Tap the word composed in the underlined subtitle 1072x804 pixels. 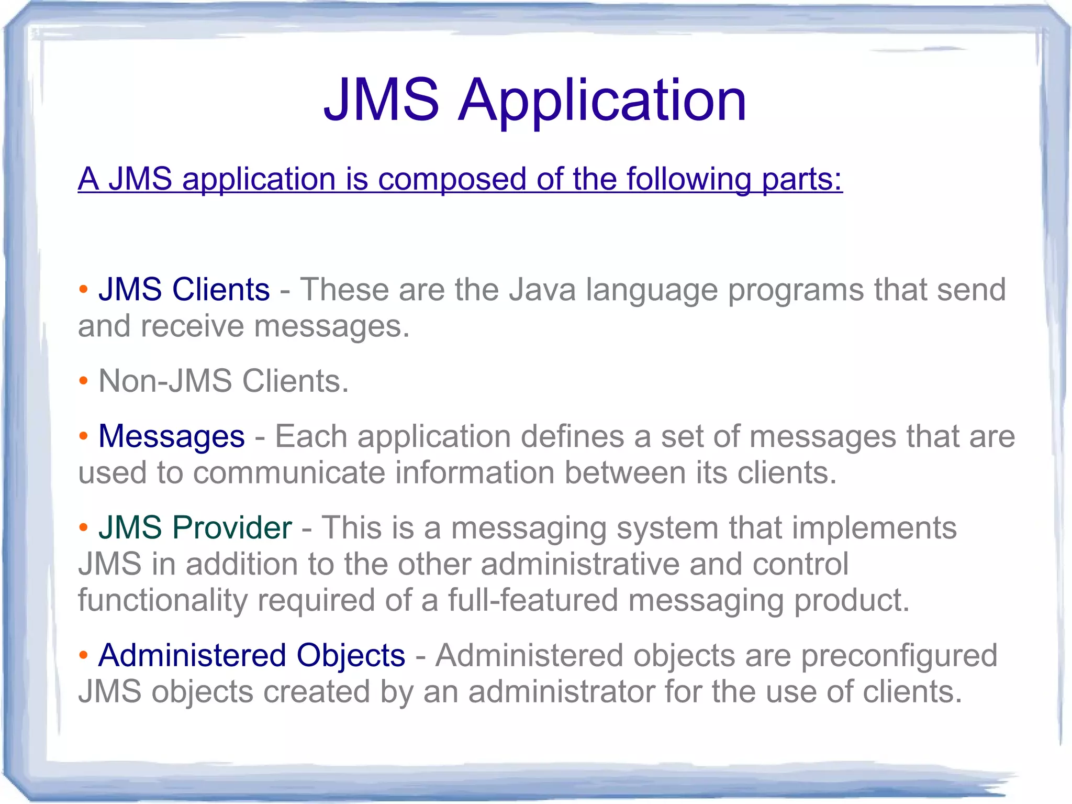tap(452, 180)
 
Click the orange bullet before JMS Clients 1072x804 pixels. tap(83, 289)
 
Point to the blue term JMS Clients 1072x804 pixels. tap(184, 290)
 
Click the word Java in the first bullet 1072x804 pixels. tap(542, 290)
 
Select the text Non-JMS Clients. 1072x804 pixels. tap(224, 381)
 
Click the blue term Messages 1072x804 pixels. tap(172, 436)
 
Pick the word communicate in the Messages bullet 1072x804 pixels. tap(288, 472)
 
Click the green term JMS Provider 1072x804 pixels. tap(195, 527)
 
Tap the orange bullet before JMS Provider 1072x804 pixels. tap(83, 527)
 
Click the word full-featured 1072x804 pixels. tap(533, 600)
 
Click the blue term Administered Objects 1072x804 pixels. tap(252, 655)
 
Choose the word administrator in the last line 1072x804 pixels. tap(562, 692)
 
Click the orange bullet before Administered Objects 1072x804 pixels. tap(83, 655)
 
